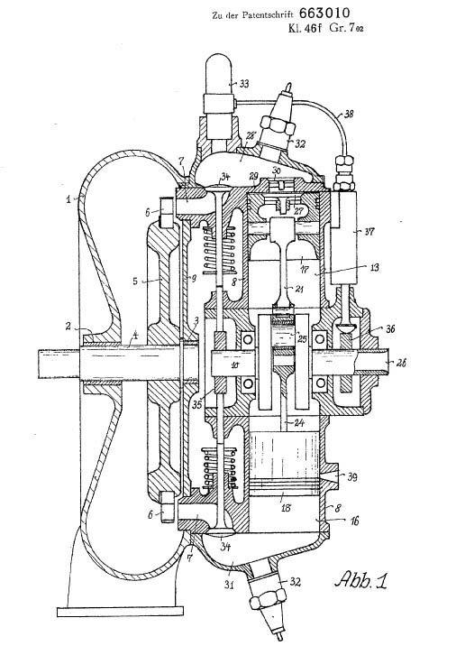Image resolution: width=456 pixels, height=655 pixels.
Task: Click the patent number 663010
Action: tap(324, 13)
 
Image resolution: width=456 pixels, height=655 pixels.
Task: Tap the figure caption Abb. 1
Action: tap(361, 580)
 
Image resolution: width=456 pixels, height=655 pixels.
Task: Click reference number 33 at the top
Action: tap(243, 84)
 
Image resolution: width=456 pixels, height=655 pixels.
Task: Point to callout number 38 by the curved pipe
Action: tap(349, 113)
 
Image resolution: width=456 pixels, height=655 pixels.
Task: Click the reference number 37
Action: tap(369, 231)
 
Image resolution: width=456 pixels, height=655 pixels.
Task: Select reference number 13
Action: tap(374, 267)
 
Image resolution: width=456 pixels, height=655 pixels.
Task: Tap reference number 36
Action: tap(390, 328)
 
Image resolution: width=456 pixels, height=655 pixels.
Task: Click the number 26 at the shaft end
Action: tap(401, 363)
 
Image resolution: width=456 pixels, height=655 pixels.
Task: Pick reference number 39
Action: tap(352, 476)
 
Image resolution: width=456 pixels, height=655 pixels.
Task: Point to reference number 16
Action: tap(353, 521)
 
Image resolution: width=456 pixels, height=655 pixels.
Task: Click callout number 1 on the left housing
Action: tap(68, 198)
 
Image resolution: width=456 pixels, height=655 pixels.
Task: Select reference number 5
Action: tap(135, 281)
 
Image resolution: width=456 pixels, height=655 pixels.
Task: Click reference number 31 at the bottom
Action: tap(228, 585)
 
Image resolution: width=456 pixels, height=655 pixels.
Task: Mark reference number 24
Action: tap(298, 423)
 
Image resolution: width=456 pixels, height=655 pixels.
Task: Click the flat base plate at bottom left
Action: tap(120, 611)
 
